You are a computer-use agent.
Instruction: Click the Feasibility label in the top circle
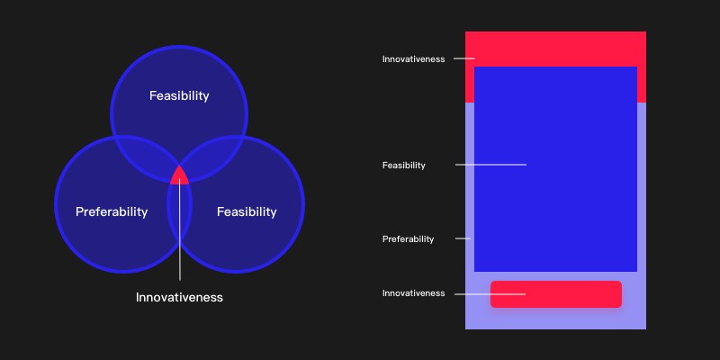[179, 96]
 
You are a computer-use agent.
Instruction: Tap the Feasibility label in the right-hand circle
[247, 212]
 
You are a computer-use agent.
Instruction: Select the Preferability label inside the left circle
[112, 212]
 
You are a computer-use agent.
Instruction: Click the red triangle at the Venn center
[179, 175]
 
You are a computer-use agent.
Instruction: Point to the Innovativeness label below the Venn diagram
[179, 298]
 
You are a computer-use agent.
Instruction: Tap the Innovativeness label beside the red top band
[413, 59]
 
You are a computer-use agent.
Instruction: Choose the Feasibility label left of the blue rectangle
[403, 166]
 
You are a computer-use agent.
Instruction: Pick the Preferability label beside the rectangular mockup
[408, 239]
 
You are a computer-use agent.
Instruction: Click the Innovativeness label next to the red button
[413, 293]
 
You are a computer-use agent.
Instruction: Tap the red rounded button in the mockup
[556, 294]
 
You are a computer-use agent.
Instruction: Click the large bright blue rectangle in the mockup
[555, 169]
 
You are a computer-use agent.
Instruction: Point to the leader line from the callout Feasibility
[490, 165]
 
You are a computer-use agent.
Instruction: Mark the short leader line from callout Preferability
[463, 238]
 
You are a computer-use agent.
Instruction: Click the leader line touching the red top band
[464, 58]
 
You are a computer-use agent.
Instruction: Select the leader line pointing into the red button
[490, 294]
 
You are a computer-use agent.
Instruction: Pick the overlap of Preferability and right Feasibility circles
[179, 216]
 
